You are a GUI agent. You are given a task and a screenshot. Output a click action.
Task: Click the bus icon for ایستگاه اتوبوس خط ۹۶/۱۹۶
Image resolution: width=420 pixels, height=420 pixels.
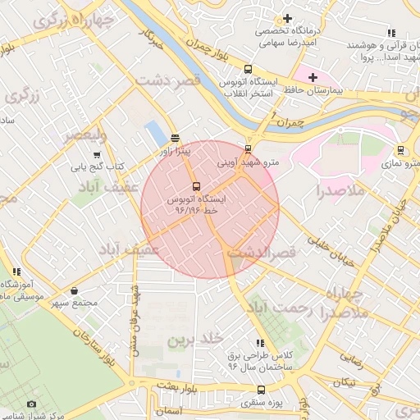[x=196, y=186]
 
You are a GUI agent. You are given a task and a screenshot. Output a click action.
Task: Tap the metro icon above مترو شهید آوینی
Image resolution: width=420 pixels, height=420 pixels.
[x=249, y=149]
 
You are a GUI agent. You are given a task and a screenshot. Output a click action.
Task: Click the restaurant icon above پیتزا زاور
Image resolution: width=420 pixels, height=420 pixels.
[x=175, y=138]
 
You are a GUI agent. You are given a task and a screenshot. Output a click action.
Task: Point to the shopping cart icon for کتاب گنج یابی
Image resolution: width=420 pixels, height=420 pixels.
[x=98, y=154]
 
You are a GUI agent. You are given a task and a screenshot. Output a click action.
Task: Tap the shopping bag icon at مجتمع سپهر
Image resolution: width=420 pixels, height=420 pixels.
[x=75, y=290]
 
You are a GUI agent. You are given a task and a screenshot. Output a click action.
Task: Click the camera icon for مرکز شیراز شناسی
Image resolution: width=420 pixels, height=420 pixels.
[x=32, y=404]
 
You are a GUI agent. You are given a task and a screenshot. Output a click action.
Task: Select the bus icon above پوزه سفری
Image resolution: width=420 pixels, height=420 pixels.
[x=261, y=390]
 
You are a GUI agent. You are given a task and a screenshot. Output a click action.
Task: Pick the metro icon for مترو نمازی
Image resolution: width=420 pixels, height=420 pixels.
[x=400, y=150]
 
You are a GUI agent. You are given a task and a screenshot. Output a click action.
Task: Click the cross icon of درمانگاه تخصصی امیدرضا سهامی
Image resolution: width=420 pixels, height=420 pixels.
[x=286, y=18]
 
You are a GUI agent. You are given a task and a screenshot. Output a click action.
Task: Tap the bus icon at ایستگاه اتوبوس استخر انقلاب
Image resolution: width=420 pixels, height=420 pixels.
[x=249, y=70]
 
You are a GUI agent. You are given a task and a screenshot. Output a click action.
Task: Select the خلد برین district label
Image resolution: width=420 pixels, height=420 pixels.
[x=195, y=339]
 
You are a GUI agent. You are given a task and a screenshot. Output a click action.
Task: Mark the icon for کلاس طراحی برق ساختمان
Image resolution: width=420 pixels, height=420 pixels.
[x=260, y=343]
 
